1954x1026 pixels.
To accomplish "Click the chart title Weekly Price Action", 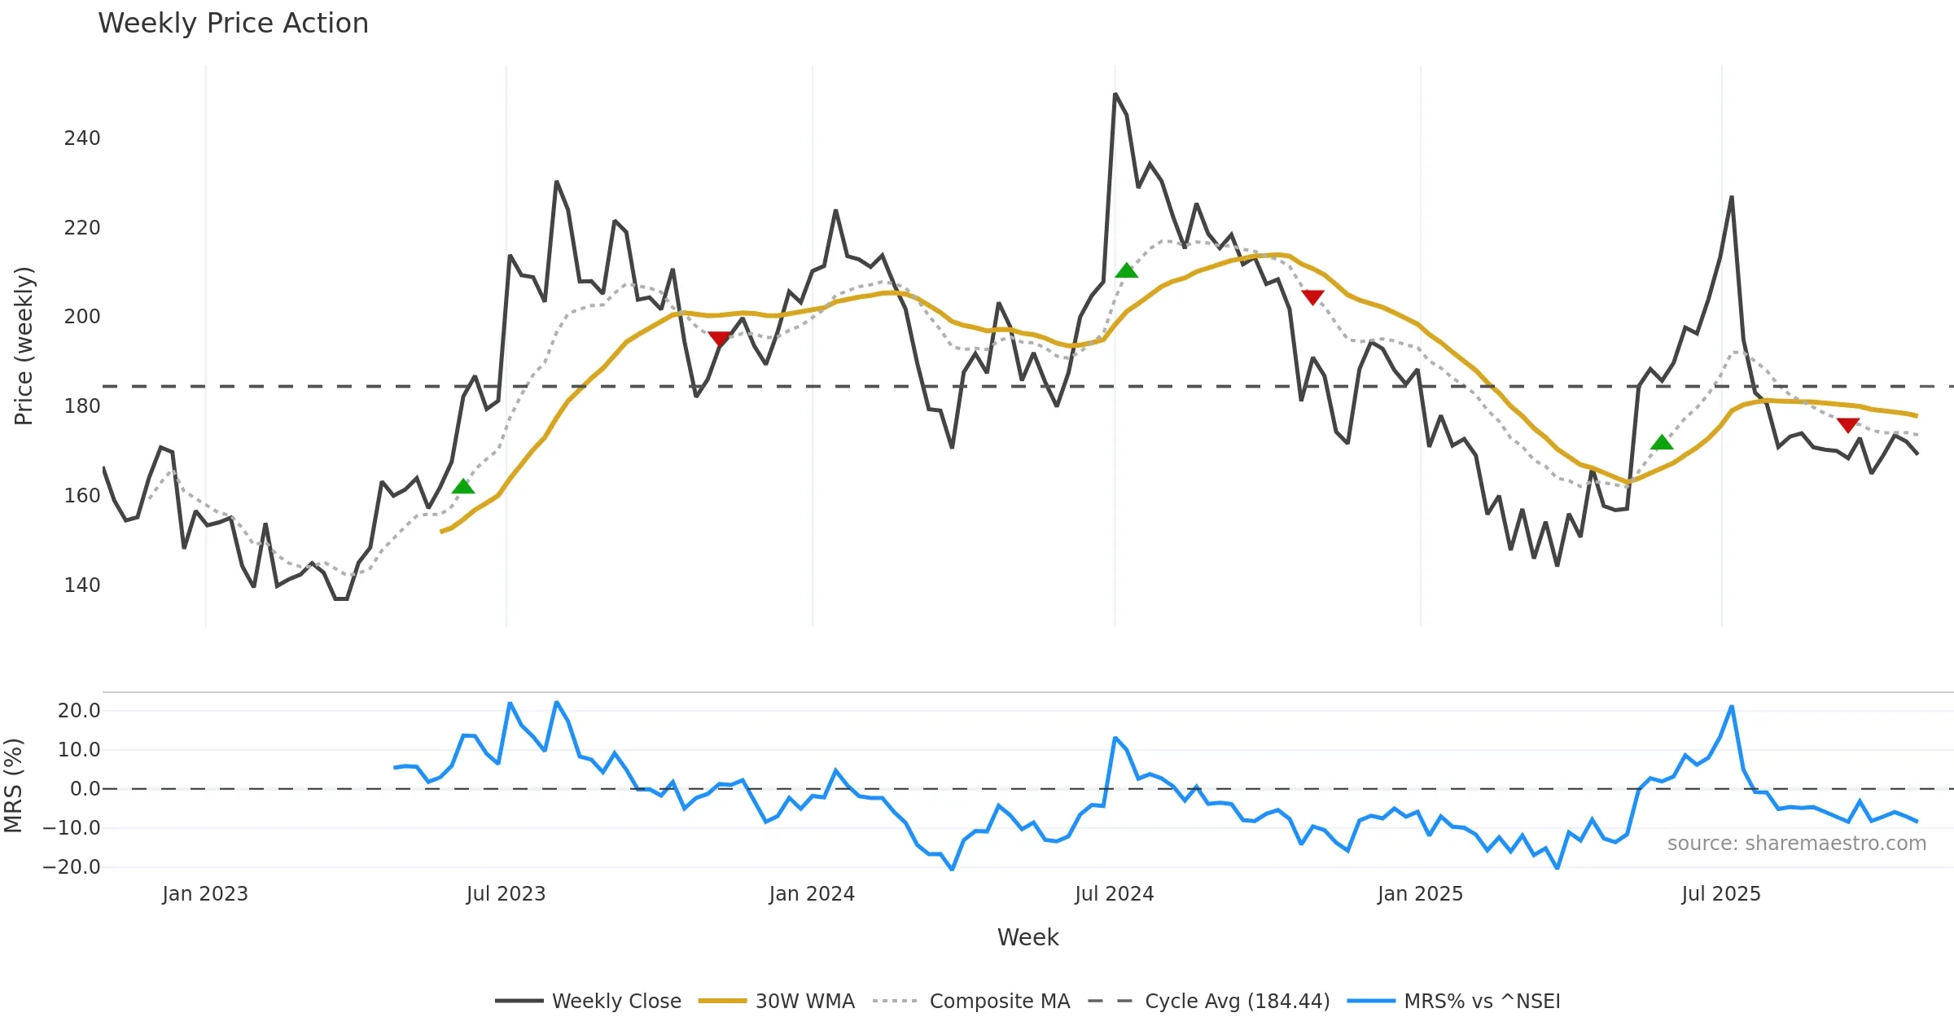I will tap(233, 24).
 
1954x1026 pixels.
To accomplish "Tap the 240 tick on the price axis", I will tap(82, 138).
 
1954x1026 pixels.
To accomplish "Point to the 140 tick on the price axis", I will tap(82, 585).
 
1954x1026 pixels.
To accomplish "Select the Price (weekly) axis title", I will tap(24, 346).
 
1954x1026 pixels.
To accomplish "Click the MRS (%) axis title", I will tap(13, 786).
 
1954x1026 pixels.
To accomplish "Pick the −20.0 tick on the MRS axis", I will tap(72, 867).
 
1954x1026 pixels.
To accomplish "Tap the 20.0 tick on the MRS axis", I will tap(79, 711).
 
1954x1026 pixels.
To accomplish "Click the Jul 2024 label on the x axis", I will tap(1114, 894).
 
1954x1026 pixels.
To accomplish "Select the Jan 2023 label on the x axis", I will tap(204, 894).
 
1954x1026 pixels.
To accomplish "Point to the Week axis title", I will tap(1027, 938).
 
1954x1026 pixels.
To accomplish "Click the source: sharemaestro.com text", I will tap(1796, 844).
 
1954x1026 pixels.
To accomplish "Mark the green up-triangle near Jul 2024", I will tap(1126, 270).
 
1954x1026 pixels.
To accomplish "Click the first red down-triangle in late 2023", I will tap(719, 338).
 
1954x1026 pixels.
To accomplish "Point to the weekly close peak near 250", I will tap(1115, 94).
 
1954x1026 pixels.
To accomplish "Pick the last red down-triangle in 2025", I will tap(1848, 425).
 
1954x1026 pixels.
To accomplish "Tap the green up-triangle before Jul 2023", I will tap(463, 487).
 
